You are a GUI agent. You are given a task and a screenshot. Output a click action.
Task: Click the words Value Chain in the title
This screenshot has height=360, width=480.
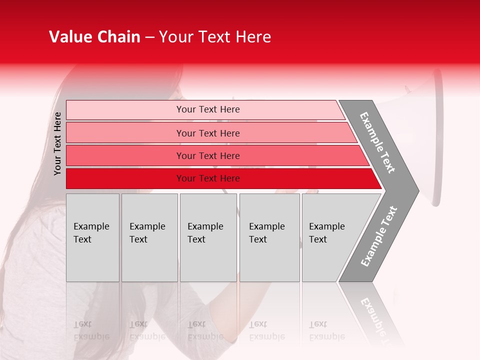tap(94, 37)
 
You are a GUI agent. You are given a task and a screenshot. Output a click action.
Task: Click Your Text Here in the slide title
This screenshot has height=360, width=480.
tap(215, 37)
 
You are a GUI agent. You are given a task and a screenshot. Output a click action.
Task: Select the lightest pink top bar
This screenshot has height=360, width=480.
tap(125, 110)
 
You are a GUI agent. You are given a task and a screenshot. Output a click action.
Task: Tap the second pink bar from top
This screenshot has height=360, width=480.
tap(125, 133)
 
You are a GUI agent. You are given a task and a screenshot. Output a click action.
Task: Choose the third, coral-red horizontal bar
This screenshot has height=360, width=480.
tap(125, 155)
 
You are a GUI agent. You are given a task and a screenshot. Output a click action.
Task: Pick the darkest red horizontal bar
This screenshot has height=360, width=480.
tap(125, 178)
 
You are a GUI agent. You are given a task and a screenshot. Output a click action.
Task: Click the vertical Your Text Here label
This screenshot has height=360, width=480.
tap(57, 143)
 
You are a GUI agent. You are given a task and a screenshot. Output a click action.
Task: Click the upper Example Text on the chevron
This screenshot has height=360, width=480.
tap(377, 142)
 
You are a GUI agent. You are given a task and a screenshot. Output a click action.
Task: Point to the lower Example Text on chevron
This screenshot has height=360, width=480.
tap(379, 236)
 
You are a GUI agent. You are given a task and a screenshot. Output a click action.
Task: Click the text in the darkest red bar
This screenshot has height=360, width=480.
tap(208, 178)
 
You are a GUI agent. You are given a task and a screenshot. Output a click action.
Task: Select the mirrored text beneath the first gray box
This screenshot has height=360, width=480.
tap(91, 330)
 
